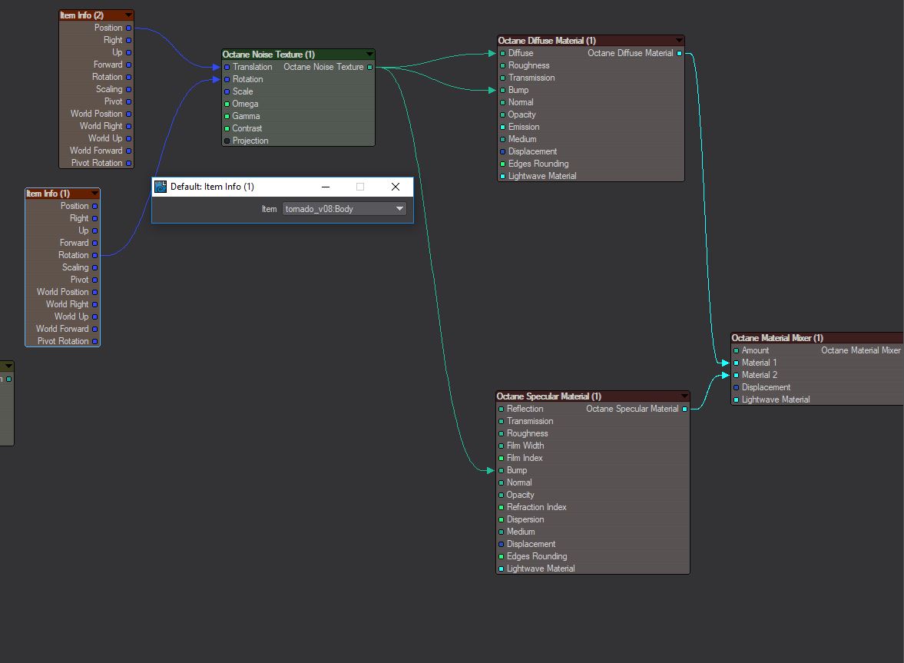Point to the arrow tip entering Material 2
[x=730, y=376]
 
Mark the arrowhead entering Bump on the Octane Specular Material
[x=495, y=470]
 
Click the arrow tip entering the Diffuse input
[x=496, y=54]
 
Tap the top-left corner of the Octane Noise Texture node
[x=222, y=49]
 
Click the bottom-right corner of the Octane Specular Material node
[x=690, y=574]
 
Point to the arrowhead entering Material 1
[x=730, y=363]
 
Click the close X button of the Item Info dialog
[x=396, y=187]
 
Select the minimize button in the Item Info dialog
[x=326, y=187]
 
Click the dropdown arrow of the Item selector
[x=399, y=209]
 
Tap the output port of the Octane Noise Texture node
[x=370, y=68]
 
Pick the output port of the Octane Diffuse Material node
[x=680, y=54]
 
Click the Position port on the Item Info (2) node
[x=128, y=28]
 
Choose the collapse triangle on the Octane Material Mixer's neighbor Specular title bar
[x=684, y=396]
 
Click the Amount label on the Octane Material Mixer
[x=755, y=350]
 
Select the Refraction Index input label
[x=536, y=507]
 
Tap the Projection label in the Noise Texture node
[x=250, y=141]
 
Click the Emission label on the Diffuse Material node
[x=524, y=127]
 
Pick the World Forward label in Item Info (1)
[x=62, y=329]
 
